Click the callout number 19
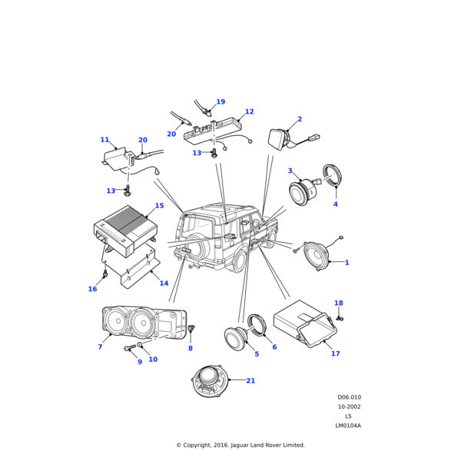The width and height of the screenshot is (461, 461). click(221, 102)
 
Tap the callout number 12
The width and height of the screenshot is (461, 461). click(249, 112)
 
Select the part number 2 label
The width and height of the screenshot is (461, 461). click(300, 120)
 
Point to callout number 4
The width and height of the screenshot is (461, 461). click(335, 204)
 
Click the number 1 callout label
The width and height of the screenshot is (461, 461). click(347, 263)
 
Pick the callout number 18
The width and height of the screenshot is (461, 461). click(339, 303)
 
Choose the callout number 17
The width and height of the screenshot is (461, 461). click(335, 353)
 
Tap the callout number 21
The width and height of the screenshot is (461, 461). click(250, 381)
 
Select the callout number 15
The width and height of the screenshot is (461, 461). click(159, 206)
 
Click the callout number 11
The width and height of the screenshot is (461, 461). click(104, 140)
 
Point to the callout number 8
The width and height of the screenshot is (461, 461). click(191, 349)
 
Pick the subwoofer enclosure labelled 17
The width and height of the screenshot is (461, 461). click(304, 323)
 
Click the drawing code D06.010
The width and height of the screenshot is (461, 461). click(349, 398)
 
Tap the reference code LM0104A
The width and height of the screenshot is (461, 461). click(348, 426)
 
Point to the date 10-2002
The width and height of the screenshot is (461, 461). click(349, 407)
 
